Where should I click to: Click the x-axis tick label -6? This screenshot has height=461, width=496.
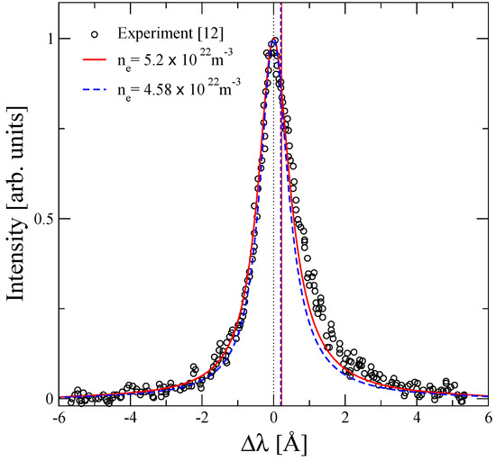(x=58, y=419)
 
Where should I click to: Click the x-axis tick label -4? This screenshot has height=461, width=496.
(x=130, y=419)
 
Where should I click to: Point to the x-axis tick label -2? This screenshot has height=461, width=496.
(x=201, y=419)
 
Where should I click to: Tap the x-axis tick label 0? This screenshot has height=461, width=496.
(x=274, y=419)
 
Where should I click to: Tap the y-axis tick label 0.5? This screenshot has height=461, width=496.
(x=41, y=218)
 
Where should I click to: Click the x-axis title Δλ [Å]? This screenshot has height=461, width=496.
(x=273, y=444)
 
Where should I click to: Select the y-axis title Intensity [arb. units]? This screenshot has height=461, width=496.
(x=16, y=218)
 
